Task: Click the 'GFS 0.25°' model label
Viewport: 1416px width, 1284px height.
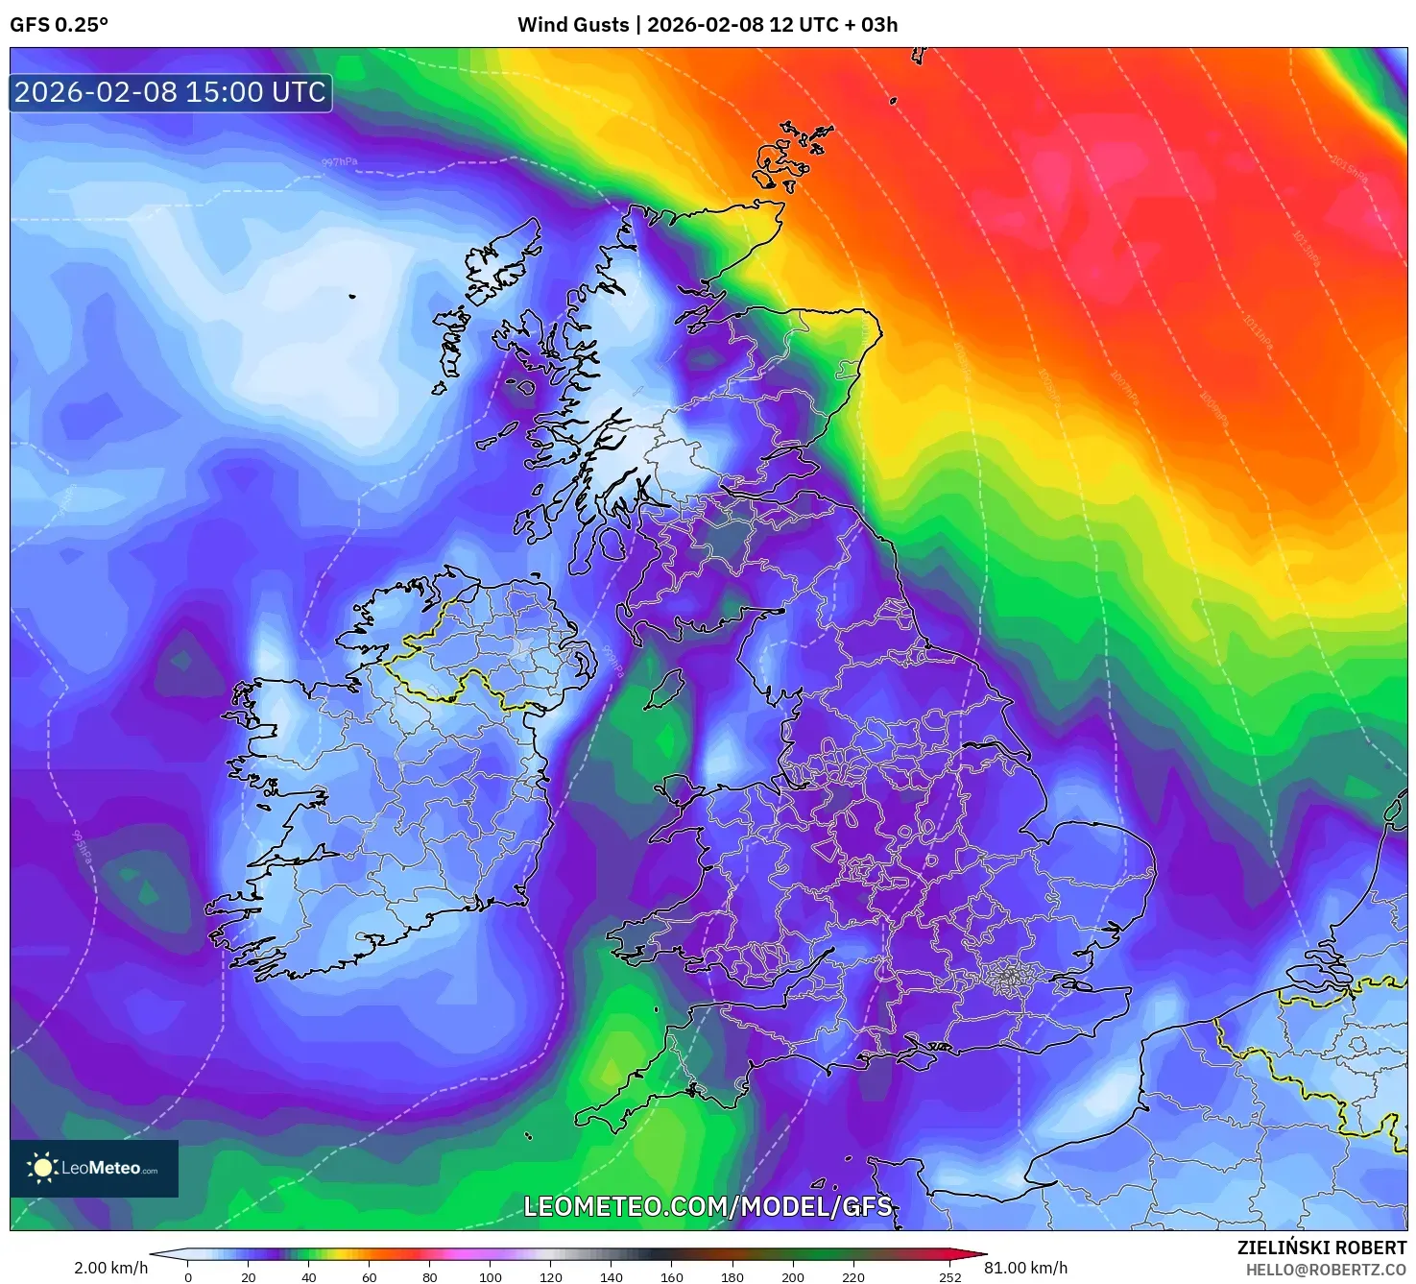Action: [x=59, y=25]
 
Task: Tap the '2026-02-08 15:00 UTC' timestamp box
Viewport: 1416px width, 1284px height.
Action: [x=171, y=92]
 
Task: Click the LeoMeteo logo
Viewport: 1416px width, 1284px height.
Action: [x=94, y=1168]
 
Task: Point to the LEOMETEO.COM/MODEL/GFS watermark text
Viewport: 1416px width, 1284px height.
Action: [x=708, y=1206]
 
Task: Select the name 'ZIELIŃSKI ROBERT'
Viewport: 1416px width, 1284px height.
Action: [x=1321, y=1248]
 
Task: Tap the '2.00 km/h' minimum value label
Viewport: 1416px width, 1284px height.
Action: [x=110, y=1268]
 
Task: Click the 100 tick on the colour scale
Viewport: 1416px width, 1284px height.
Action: [x=490, y=1276]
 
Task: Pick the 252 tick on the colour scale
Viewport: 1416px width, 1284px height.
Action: [x=949, y=1276]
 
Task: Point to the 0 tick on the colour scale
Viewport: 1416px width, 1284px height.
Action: [x=188, y=1276]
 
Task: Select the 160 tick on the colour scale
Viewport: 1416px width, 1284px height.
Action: [x=671, y=1276]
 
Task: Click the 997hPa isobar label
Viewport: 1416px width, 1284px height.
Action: [x=339, y=162]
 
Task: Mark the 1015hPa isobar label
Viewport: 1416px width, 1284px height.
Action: [x=1348, y=170]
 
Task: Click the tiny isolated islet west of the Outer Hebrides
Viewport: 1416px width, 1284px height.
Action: [x=352, y=296]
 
